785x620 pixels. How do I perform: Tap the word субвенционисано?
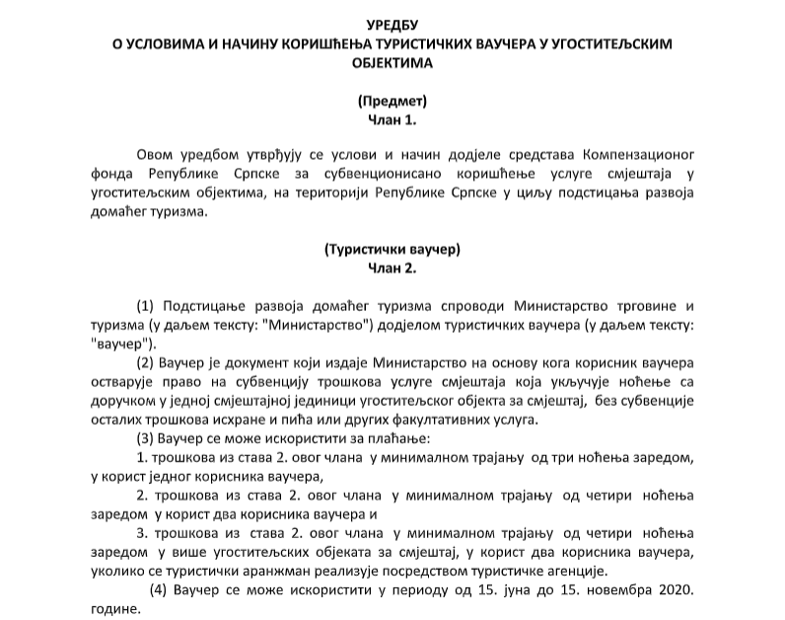click(x=371, y=175)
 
